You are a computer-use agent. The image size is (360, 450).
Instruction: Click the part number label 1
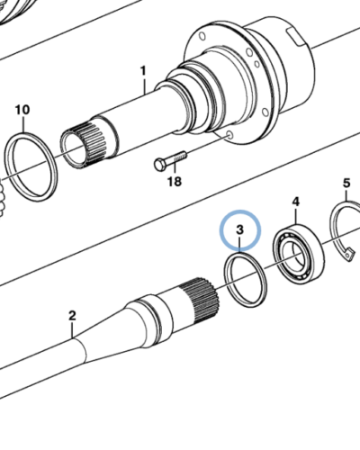tap(142, 70)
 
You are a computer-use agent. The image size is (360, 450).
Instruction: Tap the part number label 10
tap(22, 111)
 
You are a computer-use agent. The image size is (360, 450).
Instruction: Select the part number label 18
tap(173, 181)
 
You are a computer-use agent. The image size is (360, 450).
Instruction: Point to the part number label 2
tap(73, 316)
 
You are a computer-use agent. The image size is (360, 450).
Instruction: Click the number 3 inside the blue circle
tap(239, 231)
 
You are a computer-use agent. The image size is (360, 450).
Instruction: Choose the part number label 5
tap(346, 185)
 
